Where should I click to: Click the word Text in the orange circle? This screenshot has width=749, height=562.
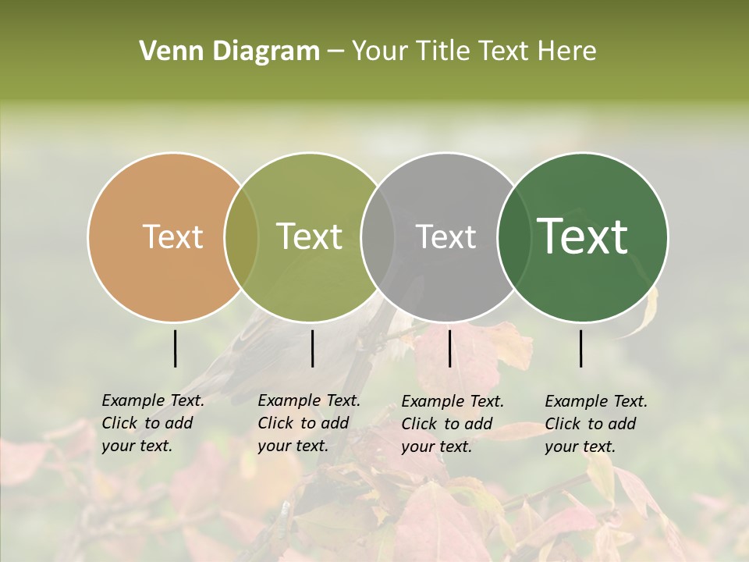(x=172, y=237)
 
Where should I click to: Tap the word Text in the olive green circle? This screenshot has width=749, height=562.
(x=310, y=237)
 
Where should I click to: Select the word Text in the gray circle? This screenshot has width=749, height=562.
(x=446, y=237)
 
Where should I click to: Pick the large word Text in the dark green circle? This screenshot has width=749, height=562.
(x=583, y=236)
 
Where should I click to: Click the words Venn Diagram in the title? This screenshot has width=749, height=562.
(x=229, y=52)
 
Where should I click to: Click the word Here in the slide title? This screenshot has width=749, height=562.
(x=566, y=52)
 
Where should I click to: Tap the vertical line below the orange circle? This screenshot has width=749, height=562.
(x=175, y=348)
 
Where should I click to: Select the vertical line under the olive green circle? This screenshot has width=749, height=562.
(x=312, y=348)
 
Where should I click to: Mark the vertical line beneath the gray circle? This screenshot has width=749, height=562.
(x=450, y=348)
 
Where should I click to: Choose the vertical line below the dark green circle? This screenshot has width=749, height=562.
(x=581, y=348)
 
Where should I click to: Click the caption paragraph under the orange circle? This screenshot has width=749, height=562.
(x=153, y=423)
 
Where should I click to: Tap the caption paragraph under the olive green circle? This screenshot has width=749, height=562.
(x=309, y=423)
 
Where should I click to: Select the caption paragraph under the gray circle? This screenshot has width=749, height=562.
(x=453, y=424)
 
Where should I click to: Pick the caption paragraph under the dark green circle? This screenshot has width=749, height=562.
(x=596, y=424)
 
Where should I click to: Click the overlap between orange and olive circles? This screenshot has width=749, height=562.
(x=241, y=237)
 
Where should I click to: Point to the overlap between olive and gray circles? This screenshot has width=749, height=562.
(x=378, y=237)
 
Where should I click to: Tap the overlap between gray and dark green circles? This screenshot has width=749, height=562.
(x=512, y=237)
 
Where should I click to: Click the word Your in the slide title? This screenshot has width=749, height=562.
(x=381, y=52)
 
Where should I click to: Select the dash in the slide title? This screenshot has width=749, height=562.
(x=335, y=52)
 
